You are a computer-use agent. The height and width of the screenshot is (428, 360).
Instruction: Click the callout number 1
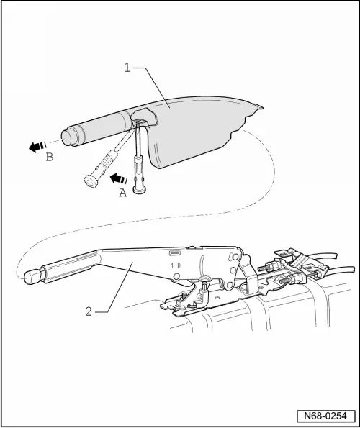pos(127,70)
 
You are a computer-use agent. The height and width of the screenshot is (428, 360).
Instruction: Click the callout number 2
pos(88,311)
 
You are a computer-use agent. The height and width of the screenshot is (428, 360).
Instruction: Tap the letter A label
pos(122,192)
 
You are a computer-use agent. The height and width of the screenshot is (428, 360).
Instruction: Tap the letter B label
pos(49,158)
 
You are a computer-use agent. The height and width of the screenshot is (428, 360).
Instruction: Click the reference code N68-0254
pos(324,415)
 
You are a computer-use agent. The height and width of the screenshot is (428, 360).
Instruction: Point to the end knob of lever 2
pos(32,276)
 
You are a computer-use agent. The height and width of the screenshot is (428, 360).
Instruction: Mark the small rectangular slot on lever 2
pos(174,253)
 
